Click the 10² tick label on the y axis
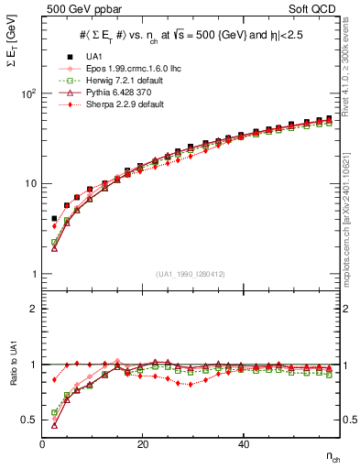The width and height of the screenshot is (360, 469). (x=27, y=94)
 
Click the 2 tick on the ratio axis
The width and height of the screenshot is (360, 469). (x=31, y=309)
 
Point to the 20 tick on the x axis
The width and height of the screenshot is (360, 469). (x=142, y=444)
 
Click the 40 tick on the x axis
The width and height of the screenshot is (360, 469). (x=243, y=444)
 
